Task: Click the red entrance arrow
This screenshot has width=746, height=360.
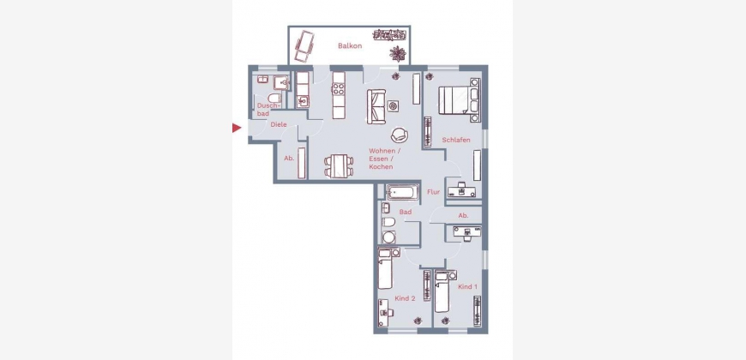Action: coord(237,128)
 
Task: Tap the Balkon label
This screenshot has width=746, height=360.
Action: coord(350,46)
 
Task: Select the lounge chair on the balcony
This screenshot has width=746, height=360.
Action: coord(304,45)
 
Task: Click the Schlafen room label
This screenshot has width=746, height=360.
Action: coord(456,140)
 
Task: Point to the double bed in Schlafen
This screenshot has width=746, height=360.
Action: coord(459,100)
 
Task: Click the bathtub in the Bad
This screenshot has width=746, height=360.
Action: coord(402,193)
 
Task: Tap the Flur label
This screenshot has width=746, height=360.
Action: coord(433,192)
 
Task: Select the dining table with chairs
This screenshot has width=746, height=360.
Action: coord(339,166)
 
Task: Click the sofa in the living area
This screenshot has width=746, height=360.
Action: coord(376,106)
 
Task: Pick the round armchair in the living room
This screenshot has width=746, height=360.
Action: coord(400,135)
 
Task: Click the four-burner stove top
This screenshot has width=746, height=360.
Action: coord(338,89)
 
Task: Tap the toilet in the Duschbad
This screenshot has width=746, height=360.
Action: coord(274,98)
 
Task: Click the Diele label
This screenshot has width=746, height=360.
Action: coord(279,124)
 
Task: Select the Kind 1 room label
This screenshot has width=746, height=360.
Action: coord(467,287)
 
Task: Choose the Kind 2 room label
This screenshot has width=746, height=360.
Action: coord(405,298)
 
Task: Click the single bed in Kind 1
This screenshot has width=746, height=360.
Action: coord(442,291)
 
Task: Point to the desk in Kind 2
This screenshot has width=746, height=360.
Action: coord(385,307)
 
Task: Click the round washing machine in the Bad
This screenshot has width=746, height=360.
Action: coord(388,237)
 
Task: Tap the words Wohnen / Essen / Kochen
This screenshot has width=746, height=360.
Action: coord(385,159)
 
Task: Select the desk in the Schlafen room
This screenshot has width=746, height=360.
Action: coord(461,189)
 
